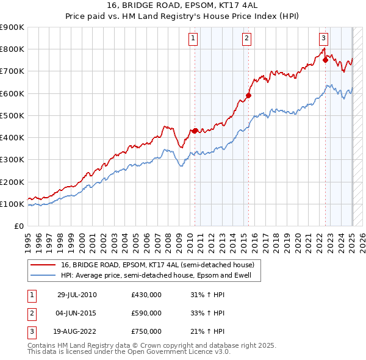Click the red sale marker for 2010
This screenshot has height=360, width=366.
click(195, 131)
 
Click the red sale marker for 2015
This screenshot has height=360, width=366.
click(248, 95)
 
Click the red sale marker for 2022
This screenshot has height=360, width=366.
click(326, 60)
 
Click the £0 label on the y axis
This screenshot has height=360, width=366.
click(18, 226)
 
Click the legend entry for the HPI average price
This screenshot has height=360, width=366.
click(160, 275)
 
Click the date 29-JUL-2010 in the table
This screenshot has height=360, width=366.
click(77, 295)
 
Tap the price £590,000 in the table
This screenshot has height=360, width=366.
click(146, 313)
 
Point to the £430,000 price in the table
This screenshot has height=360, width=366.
click(146, 295)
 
